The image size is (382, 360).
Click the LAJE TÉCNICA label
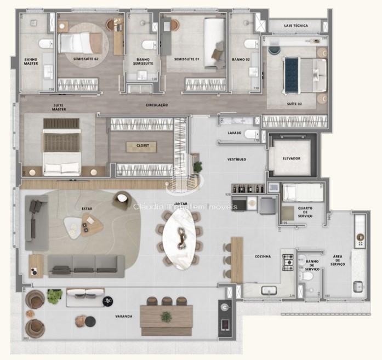pyautogui.click(x=296, y=26)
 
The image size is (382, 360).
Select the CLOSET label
pyautogui.click(x=141, y=146)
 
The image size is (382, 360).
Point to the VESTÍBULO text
pyautogui.click(x=237, y=159)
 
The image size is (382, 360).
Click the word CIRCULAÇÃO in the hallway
pyautogui.click(x=157, y=105)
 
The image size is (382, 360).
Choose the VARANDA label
pyautogui.click(x=123, y=317)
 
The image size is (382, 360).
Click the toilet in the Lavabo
pyautogui.click(x=250, y=134)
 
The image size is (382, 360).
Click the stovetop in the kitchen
pyautogui.click(x=288, y=263)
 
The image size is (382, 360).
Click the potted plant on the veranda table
pyautogui.click(x=166, y=316)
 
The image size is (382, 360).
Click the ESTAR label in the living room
pyautogui.click(x=86, y=209)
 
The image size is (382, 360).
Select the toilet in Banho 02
pyautogui.click(x=251, y=44)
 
